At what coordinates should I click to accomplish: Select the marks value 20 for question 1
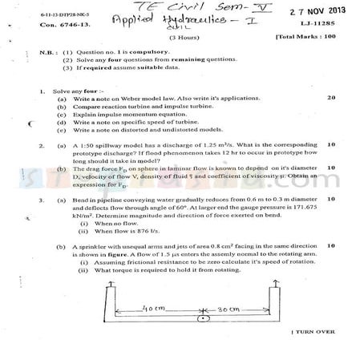click(331, 98)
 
